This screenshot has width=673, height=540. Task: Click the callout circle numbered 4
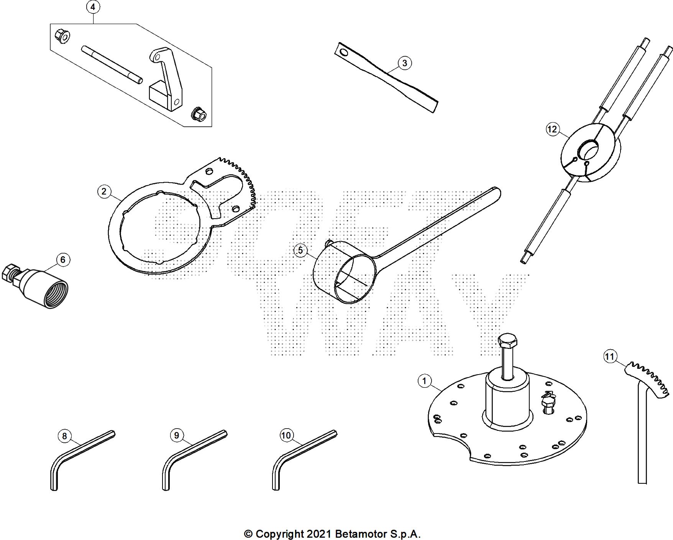tap(93, 7)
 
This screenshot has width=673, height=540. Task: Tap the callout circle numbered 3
tap(405, 63)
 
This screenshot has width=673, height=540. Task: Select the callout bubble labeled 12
tap(552, 129)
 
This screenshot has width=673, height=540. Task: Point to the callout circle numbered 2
tap(104, 191)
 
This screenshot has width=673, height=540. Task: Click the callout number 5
tap(300, 250)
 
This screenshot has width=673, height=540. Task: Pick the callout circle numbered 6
tap(63, 260)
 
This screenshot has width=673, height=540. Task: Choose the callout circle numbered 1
tap(424, 381)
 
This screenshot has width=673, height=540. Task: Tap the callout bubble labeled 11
tap(609, 357)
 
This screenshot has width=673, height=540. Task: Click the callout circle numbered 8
tap(64, 436)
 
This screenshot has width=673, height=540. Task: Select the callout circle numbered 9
tap(176, 435)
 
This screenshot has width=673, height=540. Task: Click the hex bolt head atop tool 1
tap(507, 340)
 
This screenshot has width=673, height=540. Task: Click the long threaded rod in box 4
tap(112, 64)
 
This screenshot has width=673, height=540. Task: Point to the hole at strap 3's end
tap(344, 52)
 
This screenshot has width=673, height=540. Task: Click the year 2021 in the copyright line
tap(318, 534)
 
